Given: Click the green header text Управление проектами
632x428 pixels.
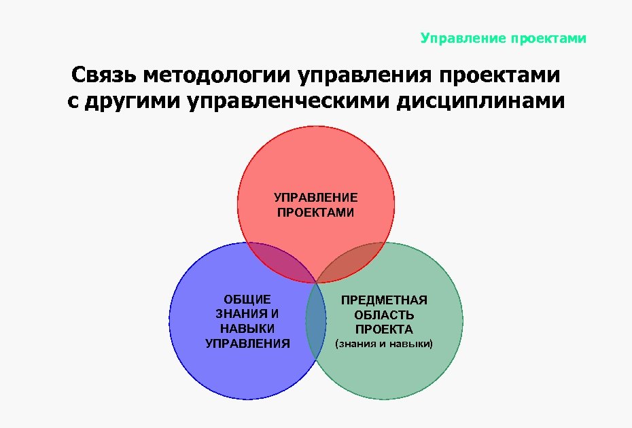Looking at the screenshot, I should point(503,38).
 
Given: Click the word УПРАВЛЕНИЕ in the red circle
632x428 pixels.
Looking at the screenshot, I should point(316,198).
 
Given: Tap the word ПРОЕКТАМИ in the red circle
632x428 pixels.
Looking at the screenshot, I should point(316,213).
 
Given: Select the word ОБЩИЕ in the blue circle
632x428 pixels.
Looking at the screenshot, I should point(247,299).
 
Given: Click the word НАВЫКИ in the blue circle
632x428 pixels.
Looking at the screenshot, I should point(247,329).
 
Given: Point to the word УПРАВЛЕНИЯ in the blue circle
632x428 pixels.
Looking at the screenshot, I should point(247,344).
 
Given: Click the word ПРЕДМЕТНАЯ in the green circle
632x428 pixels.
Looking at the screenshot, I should point(384,300).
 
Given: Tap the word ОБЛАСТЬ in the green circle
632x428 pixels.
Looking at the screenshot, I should point(384,315).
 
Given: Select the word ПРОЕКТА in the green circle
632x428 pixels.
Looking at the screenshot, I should point(384,330).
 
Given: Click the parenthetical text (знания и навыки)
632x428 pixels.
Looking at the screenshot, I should point(384,345).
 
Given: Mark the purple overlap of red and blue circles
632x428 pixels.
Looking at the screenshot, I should point(279,262).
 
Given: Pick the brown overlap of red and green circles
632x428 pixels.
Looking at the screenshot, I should point(353,262).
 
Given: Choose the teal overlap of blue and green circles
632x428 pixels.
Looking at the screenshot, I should point(315,323).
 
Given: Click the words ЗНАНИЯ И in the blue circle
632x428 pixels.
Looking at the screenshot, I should point(247,314).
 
